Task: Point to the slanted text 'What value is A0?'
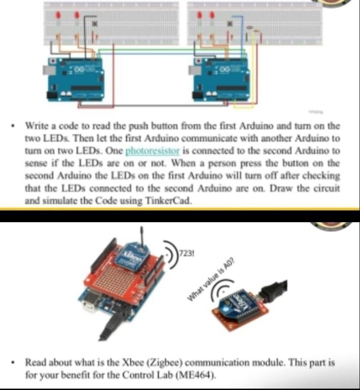213,282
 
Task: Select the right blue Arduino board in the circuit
221,79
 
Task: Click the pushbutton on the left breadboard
94,23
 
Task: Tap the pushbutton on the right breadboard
230,23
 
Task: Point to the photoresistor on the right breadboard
252,31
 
